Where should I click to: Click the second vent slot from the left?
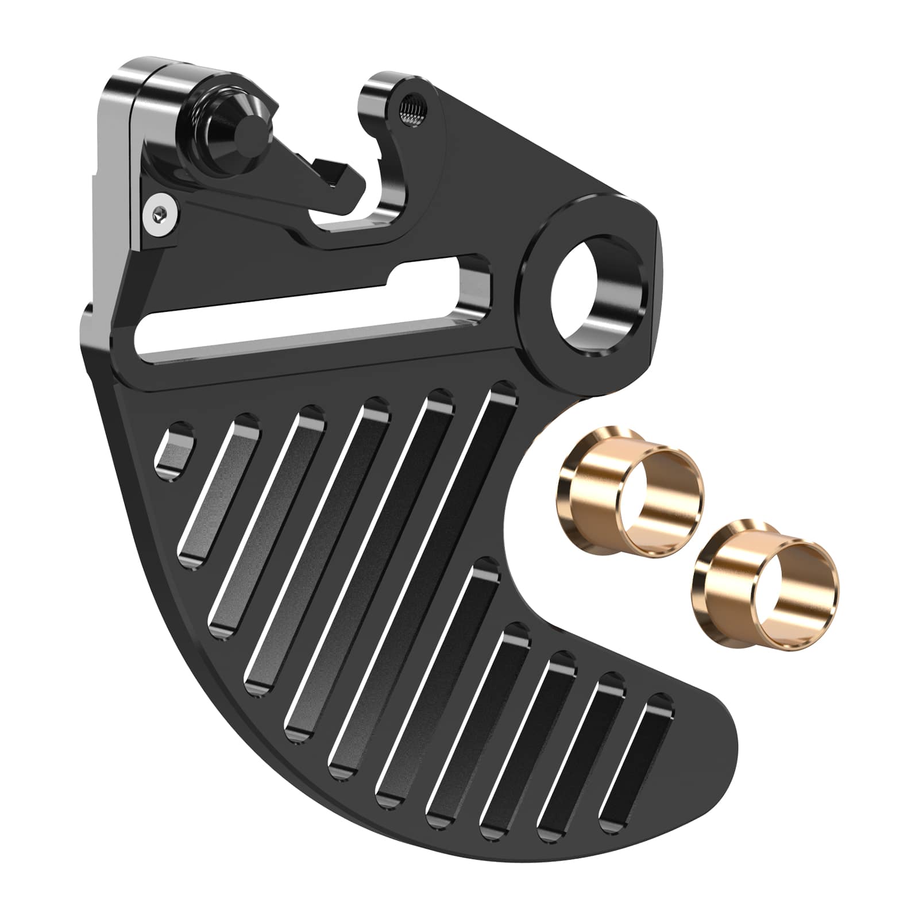[x=221, y=494]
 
